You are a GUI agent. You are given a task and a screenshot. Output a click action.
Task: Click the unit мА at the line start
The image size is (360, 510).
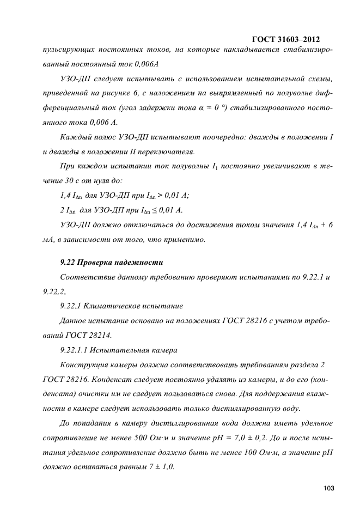48,239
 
